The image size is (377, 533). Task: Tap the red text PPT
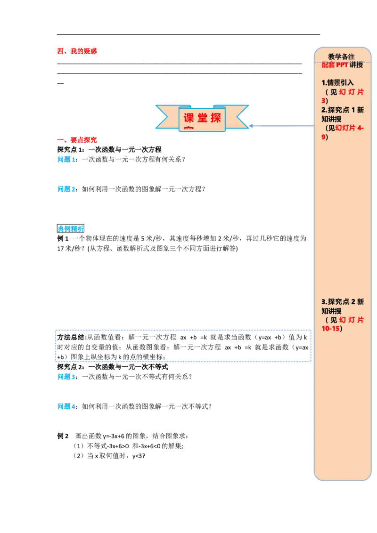[x=342, y=65]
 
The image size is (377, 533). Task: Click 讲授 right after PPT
[x=356, y=65]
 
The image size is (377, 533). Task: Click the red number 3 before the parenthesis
[x=323, y=101]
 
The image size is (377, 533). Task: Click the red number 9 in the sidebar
[x=323, y=137]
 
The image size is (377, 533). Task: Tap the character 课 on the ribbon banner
[x=188, y=118]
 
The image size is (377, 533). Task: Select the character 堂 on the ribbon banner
[x=202, y=118]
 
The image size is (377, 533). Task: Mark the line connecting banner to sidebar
[x=283, y=126]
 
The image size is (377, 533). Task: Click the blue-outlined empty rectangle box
[x=183, y=344]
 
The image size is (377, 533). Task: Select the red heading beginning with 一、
[x=77, y=140]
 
